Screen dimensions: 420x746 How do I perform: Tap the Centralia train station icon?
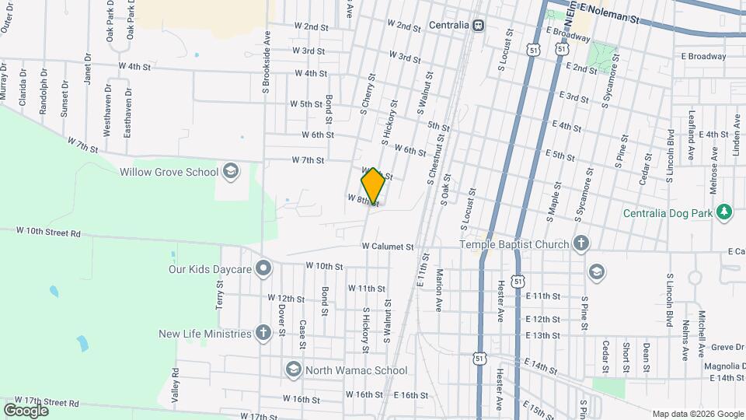point(478,25)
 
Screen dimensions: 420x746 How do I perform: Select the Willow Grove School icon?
point(230,171)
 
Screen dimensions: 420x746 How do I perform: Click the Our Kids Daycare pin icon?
point(264,269)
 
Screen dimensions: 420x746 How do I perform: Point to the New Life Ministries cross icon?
point(263,334)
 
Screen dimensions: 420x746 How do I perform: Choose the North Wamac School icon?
point(294,369)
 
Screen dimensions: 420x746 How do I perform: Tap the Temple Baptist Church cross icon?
point(580,244)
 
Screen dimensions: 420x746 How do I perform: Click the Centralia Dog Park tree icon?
point(724,212)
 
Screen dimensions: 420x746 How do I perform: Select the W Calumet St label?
point(388,247)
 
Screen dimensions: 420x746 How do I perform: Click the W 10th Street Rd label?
point(49,232)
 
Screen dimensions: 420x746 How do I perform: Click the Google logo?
point(26,410)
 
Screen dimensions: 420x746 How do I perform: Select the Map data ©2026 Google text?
point(697,414)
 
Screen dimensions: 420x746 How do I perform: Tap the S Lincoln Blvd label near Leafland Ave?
point(670,156)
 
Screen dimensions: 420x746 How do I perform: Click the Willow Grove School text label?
point(169,171)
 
